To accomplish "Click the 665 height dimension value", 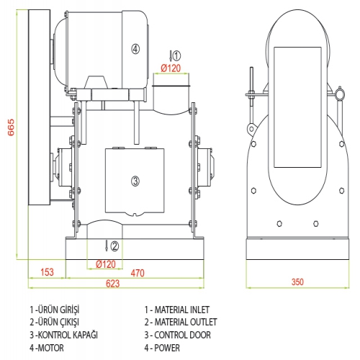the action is pyautogui.click(x=11, y=127).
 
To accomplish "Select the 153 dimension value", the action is pyautogui.click(x=47, y=272).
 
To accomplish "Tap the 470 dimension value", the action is pyautogui.click(x=138, y=273).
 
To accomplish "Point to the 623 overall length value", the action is pyautogui.click(x=112, y=284).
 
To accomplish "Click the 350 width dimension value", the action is pyautogui.click(x=297, y=282).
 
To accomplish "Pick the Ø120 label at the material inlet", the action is pyautogui.click(x=171, y=68).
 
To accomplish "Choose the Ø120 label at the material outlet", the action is pyautogui.click(x=106, y=264).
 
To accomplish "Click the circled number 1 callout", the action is pyautogui.click(x=176, y=55).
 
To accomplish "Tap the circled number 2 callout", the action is pyautogui.click(x=114, y=246).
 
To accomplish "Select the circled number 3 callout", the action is pyautogui.click(x=135, y=181).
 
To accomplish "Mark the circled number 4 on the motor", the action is pyautogui.click(x=135, y=49).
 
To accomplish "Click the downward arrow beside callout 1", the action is pyautogui.click(x=171, y=55).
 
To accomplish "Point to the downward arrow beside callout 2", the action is pyautogui.click(x=107, y=246).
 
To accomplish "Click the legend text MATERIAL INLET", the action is pyautogui.click(x=181, y=310).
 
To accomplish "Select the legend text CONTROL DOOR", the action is pyautogui.click(x=182, y=335).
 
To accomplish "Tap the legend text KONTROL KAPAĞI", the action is pyautogui.click(x=68, y=335).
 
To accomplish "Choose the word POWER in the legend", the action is pyautogui.click(x=167, y=348).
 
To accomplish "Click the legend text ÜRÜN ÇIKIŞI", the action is pyautogui.click(x=58, y=322).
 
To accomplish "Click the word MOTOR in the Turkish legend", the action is pyautogui.click(x=51, y=348).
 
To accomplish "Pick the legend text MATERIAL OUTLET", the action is pyautogui.click(x=186, y=322).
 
